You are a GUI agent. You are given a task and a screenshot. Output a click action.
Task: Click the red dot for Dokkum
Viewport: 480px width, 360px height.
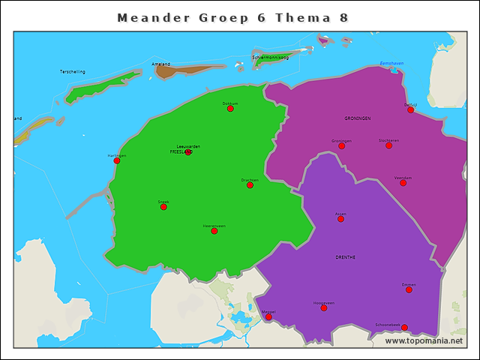coord(230,109)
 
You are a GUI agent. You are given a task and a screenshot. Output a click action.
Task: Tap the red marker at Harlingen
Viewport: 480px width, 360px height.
coord(116,160)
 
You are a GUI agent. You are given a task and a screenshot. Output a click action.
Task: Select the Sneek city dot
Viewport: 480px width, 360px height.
coord(163,207)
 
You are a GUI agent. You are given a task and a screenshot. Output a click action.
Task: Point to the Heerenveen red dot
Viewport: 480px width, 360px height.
coord(214,231)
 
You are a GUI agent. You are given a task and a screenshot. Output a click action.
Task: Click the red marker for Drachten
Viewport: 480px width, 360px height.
coord(250,185)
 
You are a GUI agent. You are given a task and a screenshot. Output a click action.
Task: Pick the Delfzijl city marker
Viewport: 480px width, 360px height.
coord(410,110)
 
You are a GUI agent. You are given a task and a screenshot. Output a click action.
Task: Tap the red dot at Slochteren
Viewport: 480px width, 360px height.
coord(388,145)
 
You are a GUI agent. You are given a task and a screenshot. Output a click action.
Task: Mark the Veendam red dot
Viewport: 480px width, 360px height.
coord(403,183)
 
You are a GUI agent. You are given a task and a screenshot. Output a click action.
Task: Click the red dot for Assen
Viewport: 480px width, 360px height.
coord(340,219)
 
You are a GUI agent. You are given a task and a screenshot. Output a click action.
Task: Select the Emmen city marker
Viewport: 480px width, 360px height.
coord(409,289)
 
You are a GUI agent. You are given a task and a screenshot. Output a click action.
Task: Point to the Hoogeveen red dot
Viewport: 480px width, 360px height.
coord(324,308)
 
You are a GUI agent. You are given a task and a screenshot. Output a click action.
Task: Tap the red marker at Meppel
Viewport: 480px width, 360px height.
coord(268,316)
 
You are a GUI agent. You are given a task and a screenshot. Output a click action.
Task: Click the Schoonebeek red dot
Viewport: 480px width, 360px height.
coord(404,328)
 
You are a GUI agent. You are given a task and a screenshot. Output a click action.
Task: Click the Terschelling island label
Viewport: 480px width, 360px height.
coord(73,72)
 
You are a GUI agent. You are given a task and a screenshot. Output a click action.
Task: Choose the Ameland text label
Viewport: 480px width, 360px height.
coord(161,64)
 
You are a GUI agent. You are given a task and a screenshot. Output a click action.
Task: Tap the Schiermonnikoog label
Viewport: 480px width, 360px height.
coord(271,58)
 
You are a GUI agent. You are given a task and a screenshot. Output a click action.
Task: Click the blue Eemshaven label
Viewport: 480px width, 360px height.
coord(392,63)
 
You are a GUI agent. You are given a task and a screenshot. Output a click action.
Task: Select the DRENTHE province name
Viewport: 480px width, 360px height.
coord(346,257)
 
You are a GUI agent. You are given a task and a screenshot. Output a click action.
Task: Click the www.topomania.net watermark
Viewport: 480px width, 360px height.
coord(424,341)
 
